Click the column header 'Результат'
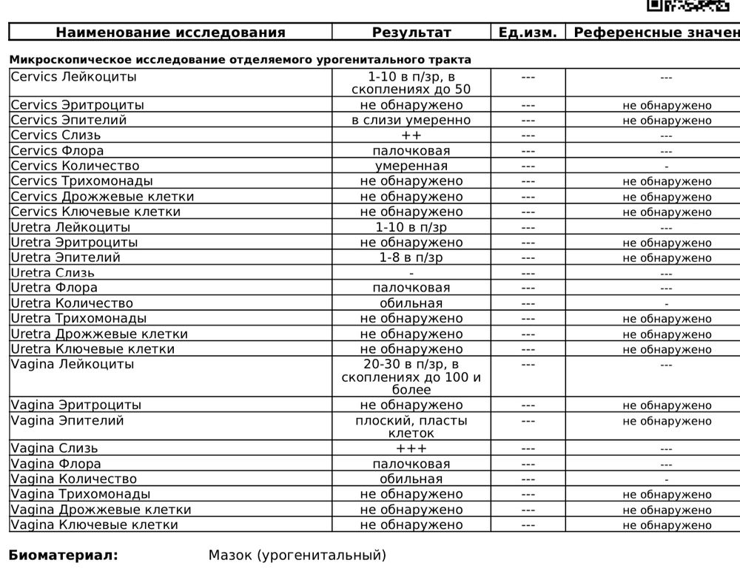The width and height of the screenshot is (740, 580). pos(411,33)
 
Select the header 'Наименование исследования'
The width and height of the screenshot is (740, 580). pos(170,33)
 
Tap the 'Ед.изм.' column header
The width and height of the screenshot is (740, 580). pos(528,33)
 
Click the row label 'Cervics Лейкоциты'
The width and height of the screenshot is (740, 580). pos(74,77)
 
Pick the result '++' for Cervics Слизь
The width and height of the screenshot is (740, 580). pos(411,135)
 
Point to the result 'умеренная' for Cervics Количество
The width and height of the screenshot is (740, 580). pos(411,166)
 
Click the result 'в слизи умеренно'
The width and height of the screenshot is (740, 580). pos(411,120)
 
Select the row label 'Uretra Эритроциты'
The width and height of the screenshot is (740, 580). pos(75,242)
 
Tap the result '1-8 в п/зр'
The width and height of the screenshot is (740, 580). pos(411,257)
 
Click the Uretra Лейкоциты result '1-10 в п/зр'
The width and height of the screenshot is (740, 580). pos(411,227)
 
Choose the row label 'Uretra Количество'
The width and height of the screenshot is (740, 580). pos(73,303)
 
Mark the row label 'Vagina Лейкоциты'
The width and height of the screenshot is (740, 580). pos(73,364)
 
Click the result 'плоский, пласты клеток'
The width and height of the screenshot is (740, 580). pos(411,427)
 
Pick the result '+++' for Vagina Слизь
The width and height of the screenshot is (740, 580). pos(411,448)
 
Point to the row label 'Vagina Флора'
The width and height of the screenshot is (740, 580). pos(56,464)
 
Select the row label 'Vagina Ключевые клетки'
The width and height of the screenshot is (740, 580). pos(95,525)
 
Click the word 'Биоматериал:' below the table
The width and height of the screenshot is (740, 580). pos(63,555)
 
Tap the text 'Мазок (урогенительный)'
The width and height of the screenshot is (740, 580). pos(297,555)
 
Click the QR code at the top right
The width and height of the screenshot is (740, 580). pos(687,5)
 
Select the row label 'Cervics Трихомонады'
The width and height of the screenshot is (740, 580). pos(82,181)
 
